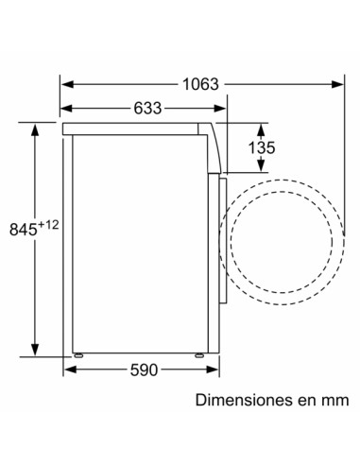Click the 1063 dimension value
click(x=200, y=84)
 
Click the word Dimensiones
click(x=239, y=401)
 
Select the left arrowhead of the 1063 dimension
click(x=66, y=84)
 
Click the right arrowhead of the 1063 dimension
click(x=340, y=84)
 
